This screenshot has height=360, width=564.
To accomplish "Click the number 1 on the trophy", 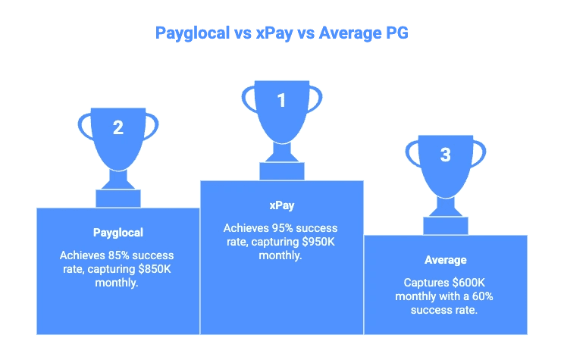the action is click(x=281, y=99).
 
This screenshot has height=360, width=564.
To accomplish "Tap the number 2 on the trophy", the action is click(x=117, y=127).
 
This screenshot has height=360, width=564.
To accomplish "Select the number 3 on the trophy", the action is click(x=445, y=155).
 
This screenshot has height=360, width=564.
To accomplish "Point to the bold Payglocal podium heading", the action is click(x=117, y=233).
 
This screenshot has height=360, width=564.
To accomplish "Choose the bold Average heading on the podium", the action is click(x=445, y=260).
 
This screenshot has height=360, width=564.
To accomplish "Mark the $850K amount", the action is click(x=149, y=268).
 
